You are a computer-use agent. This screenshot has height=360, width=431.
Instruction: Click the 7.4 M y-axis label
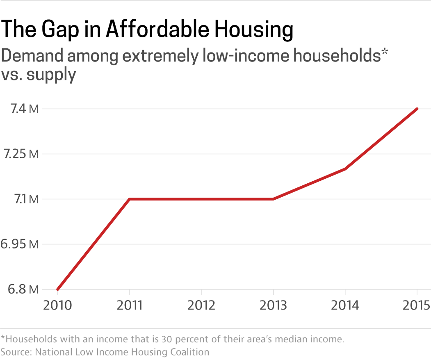[21, 109]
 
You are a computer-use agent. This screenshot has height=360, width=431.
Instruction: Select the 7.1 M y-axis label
[21, 199]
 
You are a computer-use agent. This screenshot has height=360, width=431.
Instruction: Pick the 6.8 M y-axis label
[21, 289]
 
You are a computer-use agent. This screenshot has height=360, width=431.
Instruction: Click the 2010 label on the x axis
[57, 306]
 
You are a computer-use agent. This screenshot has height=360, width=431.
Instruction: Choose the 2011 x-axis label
[130, 306]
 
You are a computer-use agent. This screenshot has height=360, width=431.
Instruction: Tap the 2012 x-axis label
[201, 306]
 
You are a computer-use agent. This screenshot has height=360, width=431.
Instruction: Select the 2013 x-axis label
[273, 306]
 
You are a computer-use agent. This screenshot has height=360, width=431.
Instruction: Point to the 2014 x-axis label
[345, 306]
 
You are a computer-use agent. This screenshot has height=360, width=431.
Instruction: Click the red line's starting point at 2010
[58, 289]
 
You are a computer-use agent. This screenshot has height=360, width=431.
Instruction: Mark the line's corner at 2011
[130, 199]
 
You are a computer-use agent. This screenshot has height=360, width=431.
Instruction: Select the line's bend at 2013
[273, 199]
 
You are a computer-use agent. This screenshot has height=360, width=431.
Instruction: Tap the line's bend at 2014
[345, 169]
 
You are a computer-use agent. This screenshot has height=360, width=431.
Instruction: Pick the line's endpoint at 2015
[417, 109]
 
